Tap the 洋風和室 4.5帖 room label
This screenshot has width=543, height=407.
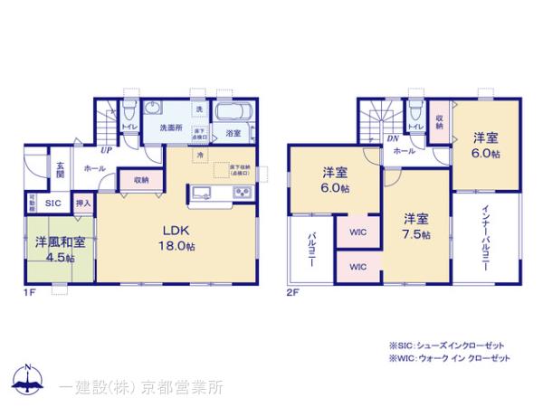coord(61,249)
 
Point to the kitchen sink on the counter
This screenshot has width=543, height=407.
coord(202,194)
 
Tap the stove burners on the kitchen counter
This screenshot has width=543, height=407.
coord(243,194)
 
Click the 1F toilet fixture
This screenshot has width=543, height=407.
coord(129,114)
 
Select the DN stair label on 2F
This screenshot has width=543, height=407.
coord(393,138)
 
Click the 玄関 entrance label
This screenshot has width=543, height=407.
coord(60,170)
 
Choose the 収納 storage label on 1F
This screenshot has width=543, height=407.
coord(140,180)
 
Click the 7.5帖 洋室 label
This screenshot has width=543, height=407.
coord(415,226)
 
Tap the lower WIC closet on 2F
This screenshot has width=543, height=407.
coord(357,267)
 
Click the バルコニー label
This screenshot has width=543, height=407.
coord(310,251)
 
